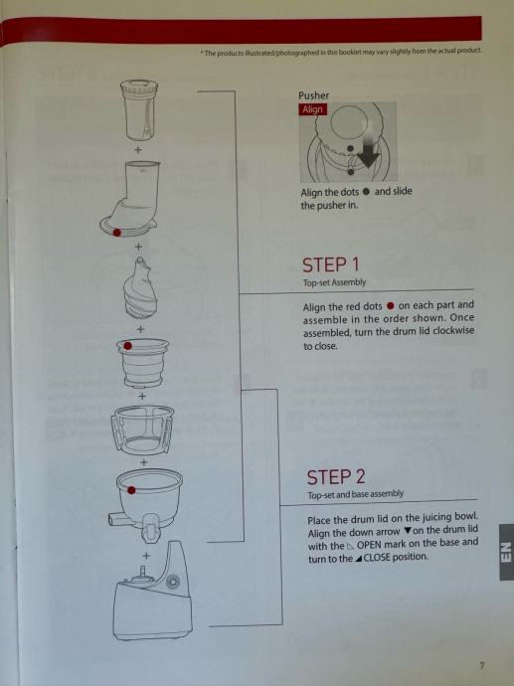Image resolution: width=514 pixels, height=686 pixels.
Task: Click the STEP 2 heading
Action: click(x=335, y=477)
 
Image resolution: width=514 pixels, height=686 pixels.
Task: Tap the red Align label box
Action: click(x=313, y=109)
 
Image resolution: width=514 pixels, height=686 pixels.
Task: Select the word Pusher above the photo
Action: click(x=313, y=95)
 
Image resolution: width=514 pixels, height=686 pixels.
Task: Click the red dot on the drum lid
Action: click(x=116, y=233)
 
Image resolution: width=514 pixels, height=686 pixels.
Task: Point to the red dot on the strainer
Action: click(x=127, y=346)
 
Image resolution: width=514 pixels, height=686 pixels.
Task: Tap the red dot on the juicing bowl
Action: click(x=131, y=490)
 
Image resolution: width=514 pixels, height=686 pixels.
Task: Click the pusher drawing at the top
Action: click(x=138, y=110)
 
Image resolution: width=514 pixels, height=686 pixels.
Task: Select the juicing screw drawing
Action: click(x=140, y=288)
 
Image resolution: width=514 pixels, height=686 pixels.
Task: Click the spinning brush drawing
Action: click(x=142, y=430)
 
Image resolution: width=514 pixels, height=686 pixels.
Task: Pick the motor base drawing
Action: click(x=153, y=592)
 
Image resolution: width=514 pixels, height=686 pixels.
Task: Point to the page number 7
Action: click(x=481, y=665)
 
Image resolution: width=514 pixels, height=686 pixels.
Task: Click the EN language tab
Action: click(x=506, y=552)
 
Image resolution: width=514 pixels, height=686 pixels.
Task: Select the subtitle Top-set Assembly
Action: click(x=334, y=282)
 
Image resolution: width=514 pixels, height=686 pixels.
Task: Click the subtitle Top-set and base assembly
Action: click(x=355, y=494)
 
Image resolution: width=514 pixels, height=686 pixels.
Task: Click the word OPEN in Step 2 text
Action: click(x=370, y=546)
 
